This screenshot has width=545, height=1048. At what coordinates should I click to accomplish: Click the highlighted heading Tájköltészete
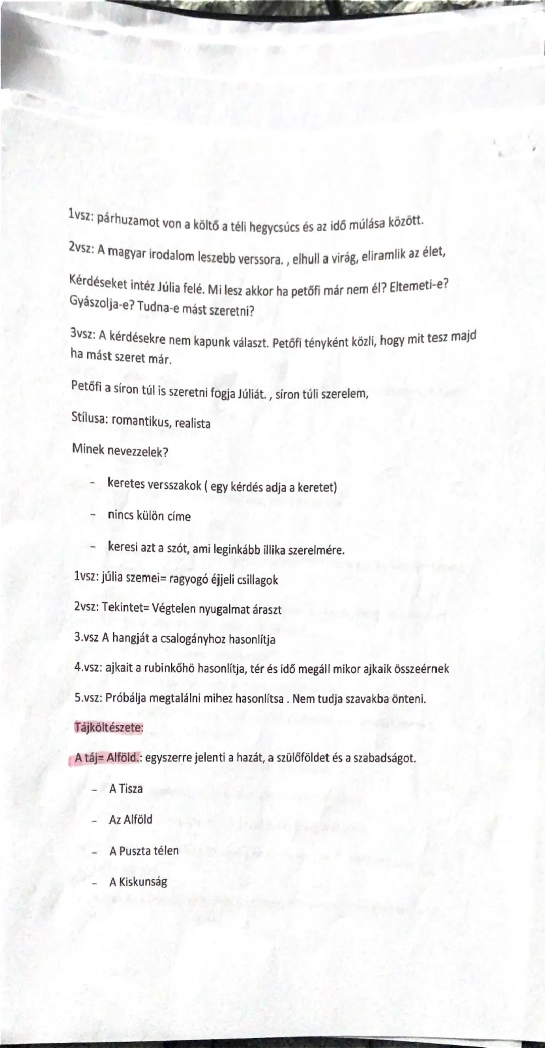[x=108, y=728]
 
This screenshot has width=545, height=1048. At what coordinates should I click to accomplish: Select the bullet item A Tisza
[x=126, y=789]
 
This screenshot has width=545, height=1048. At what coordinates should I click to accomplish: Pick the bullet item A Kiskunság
[x=138, y=882]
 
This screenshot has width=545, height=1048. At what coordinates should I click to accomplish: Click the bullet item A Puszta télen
[x=144, y=851]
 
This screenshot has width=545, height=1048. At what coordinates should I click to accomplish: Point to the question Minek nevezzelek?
[x=120, y=451]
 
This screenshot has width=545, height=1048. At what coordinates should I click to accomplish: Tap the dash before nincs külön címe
[x=93, y=516]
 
